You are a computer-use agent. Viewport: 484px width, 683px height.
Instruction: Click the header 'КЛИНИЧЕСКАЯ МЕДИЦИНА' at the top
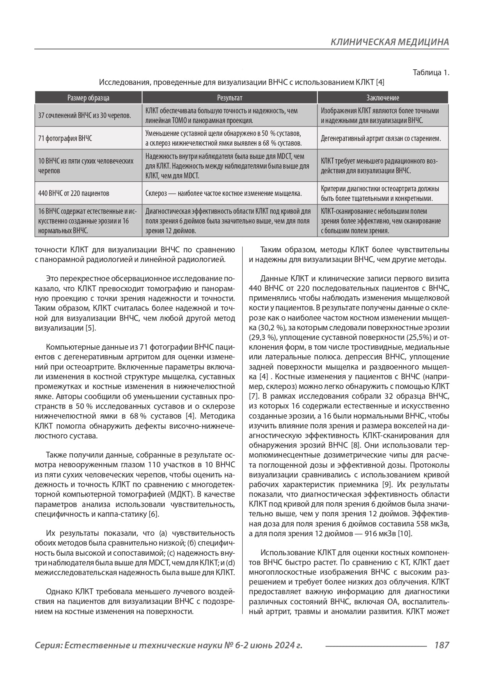[390, 42]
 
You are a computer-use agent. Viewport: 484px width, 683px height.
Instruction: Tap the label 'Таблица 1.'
[431, 73]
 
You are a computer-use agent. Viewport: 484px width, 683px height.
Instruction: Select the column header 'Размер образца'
[88, 98]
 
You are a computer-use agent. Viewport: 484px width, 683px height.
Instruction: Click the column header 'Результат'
[229, 98]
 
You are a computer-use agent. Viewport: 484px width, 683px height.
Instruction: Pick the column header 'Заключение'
[383, 98]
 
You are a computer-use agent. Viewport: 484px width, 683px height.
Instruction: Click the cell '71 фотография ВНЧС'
[65, 138]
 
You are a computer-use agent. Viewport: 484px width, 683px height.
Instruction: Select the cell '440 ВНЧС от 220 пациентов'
[74, 193]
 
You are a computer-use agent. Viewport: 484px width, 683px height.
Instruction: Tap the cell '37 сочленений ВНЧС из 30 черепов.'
[85, 115]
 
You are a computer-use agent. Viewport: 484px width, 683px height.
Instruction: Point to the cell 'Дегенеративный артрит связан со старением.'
[381, 138]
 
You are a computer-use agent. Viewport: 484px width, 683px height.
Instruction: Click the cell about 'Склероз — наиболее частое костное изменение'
[223, 193]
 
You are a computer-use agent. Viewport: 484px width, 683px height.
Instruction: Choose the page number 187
[441, 645]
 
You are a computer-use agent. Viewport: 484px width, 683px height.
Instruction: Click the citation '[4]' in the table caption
[380, 83]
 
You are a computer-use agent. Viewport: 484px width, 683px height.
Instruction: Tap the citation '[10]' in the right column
[404, 533]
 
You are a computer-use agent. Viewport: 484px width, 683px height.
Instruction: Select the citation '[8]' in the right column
[355, 445]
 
